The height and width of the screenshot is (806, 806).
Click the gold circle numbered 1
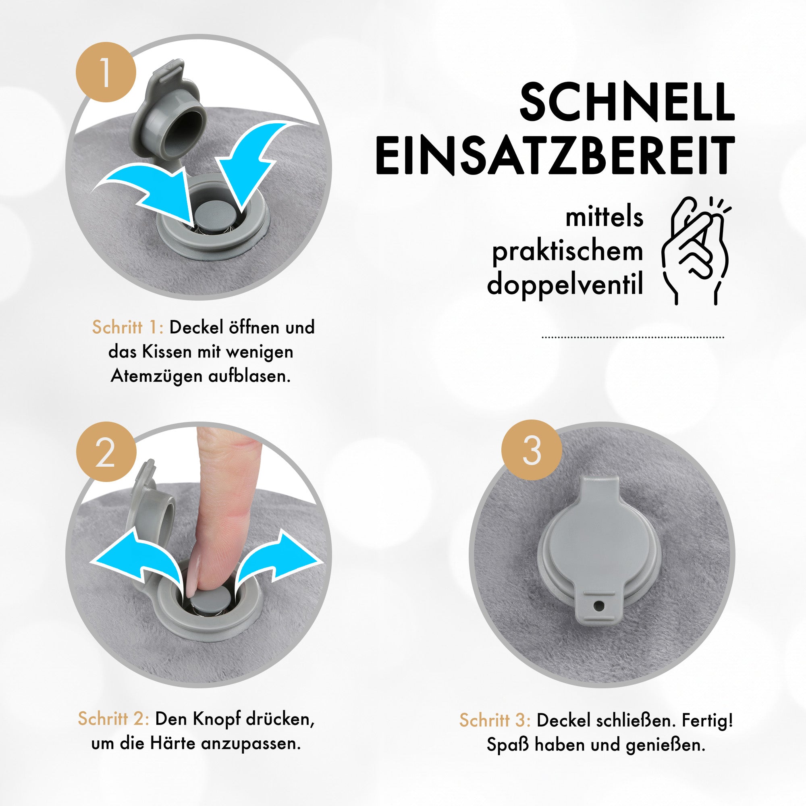[106, 72]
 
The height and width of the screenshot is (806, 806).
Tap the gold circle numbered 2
[106, 452]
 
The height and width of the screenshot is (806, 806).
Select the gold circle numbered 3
[532, 450]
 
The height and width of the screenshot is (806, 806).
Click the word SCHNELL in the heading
[627, 102]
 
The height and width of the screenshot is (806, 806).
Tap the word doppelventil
[565, 284]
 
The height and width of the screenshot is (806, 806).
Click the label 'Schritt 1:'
[128, 328]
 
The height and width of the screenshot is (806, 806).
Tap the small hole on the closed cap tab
[599, 605]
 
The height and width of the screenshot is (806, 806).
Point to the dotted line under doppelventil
[633, 337]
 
